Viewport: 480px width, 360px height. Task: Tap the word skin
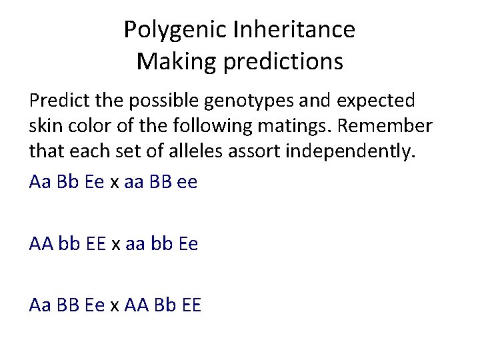(x=45, y=126)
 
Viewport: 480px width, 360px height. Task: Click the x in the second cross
(x=115, y=244)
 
